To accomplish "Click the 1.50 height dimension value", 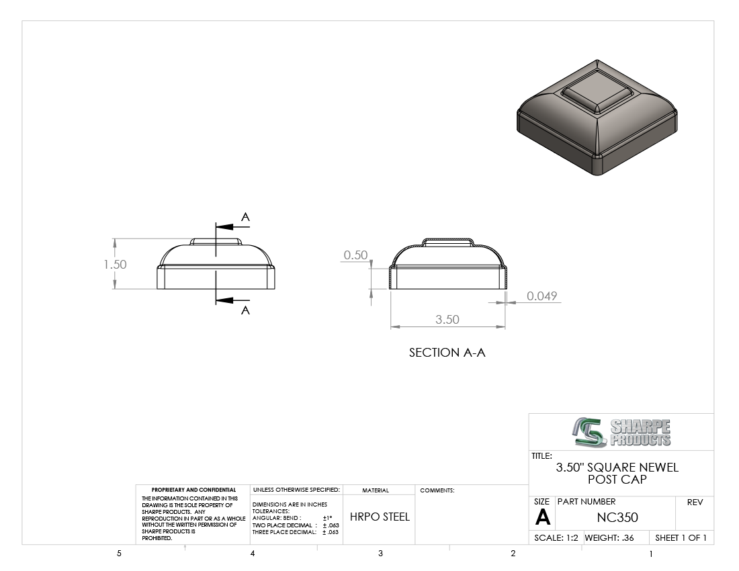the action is [115, 264].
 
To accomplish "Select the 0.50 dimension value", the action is [355, 255].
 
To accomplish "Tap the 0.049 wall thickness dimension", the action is [541, 296].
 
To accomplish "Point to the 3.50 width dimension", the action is [447, 319].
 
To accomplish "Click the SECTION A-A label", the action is [447, 353].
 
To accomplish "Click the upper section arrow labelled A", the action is [232, 226].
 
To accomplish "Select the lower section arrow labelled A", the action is [232, 300].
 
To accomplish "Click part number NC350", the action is [617, 517].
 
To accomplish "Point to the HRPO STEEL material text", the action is [380, 517].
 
